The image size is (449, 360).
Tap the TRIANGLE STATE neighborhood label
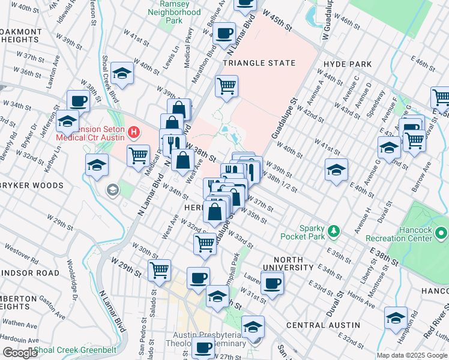point(259,63)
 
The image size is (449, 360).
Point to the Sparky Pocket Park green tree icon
point(334,230)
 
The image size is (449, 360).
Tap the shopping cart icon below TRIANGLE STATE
point(226,87)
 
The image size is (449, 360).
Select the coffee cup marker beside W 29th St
point(198,278)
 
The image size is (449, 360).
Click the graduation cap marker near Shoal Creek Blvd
point(122,74)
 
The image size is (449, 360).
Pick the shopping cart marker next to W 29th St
point(159,271)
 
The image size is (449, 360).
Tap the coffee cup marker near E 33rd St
point(272,283)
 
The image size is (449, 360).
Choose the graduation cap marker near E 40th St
point(336,170)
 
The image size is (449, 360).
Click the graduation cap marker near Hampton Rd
point(396,318)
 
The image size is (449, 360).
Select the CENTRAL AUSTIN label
point(323,325)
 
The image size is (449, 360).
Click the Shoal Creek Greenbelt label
point(76,350)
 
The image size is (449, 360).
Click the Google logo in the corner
point(19,353)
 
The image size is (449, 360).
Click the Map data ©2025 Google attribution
point(411,355)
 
